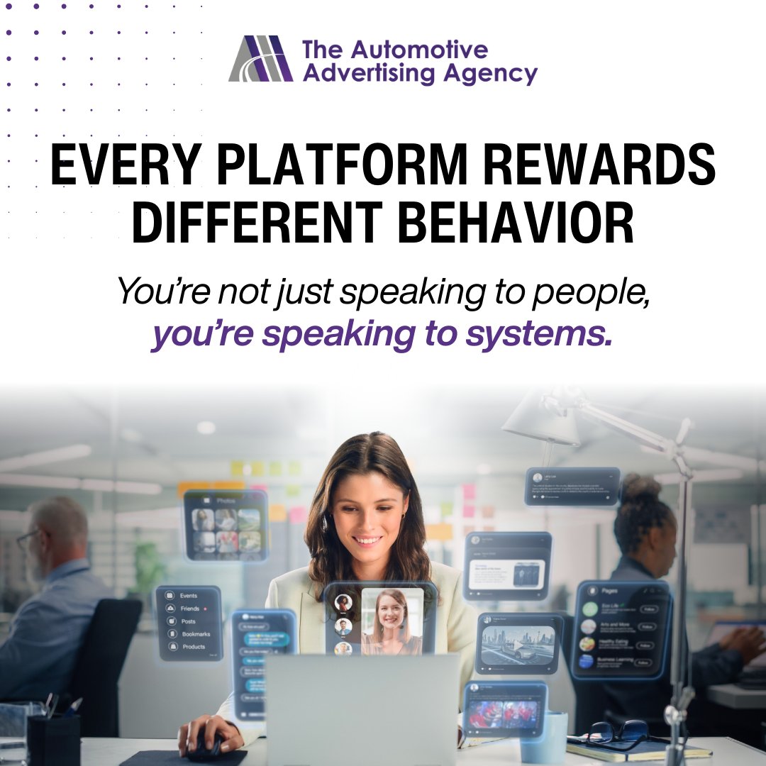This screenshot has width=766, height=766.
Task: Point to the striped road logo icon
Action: (261, 59)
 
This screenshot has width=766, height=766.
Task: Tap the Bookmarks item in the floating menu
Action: (195, 633)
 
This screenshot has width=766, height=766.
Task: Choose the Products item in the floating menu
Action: (193, 646)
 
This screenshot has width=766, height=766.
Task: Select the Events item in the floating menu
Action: (188, 596)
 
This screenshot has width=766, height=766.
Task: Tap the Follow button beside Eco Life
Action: (648, 609)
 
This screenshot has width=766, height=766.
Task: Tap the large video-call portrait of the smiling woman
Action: (392, 620)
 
